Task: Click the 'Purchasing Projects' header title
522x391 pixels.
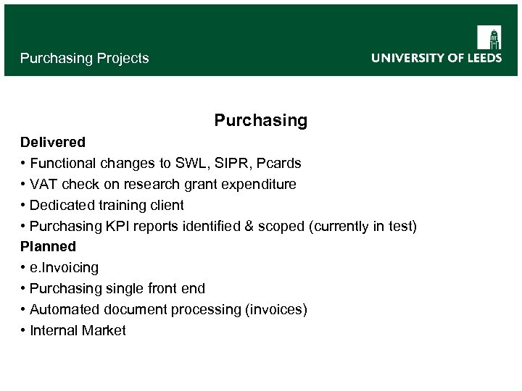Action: (x=84, y=58)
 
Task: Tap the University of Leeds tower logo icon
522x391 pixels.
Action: (x=489, y=37)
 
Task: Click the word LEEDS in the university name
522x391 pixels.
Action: (x=484, y=58)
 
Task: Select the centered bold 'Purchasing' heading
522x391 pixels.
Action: (x=260, y=120)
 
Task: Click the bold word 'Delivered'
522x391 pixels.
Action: (x=53, y=142)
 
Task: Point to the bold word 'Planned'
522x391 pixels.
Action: (x=48, y=246)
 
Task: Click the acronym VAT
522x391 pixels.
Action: (x=42, y=184)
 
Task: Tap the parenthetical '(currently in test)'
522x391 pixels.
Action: (x=362, y=226)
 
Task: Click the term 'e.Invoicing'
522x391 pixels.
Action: (x=64, y=267)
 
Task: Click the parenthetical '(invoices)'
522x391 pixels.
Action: (x=276, y=309)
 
